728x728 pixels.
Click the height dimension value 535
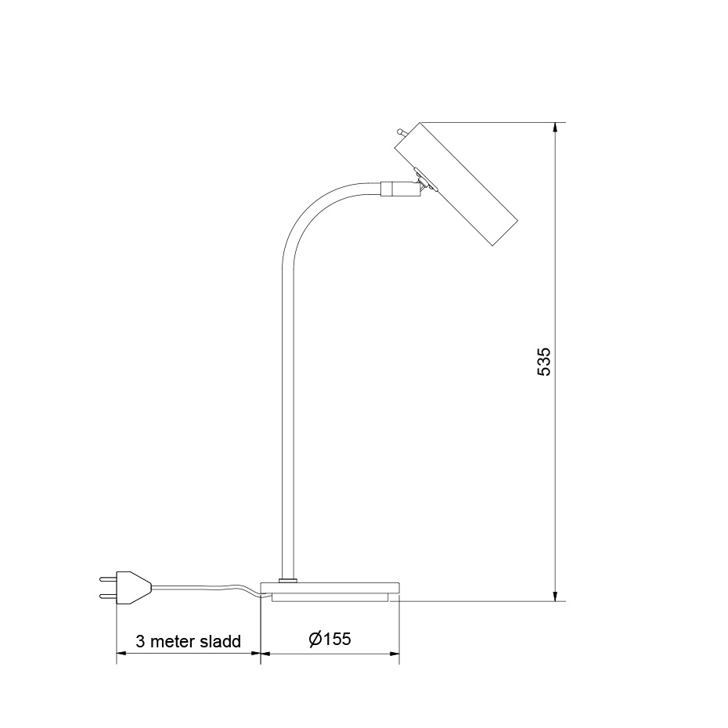(545, 362)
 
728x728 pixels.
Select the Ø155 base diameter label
(329, 639)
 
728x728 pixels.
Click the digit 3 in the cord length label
(140, 641)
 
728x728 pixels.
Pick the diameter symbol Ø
(314, 639)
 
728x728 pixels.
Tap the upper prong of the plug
(106, 580)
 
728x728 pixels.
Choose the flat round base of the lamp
(330, 589)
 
